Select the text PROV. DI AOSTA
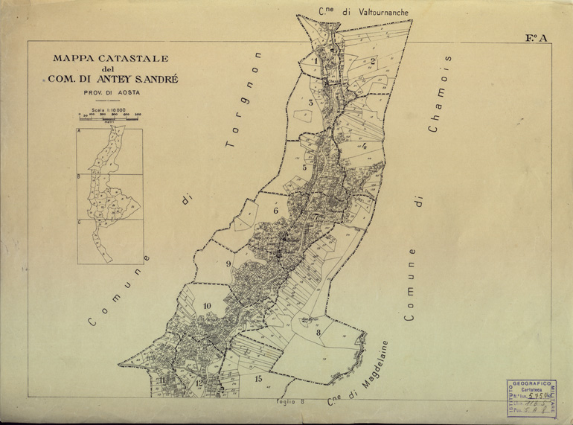(111, 92)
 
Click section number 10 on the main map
(206, 306)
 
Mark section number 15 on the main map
(258, 379)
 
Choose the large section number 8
(318, 333)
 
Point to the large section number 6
(275, 211)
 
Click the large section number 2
(373, 60)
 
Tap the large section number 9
(228, 263)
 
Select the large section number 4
(364, 146)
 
